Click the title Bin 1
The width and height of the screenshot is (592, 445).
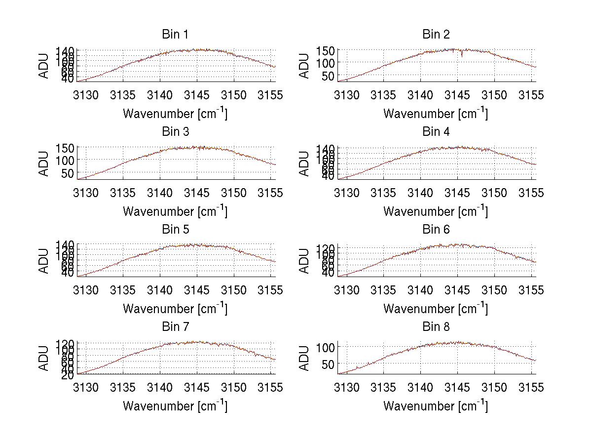click(175, 35)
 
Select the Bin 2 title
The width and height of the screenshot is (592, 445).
click(436, 35)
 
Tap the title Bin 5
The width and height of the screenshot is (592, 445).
click(175, 230)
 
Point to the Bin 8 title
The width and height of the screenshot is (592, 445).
click(436, 327)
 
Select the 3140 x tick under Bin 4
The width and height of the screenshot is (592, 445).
click(420, 192)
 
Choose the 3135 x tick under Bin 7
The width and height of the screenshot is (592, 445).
click(123, 387)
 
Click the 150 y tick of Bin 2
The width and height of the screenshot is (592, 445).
click(329, 50)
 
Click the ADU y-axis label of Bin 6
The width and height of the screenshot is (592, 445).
click(304, 261)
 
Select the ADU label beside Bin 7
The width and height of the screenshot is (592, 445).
click(44, 358)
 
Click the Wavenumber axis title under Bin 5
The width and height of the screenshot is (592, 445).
click(175, 309)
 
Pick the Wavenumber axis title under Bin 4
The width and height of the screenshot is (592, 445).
click(436, 211)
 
